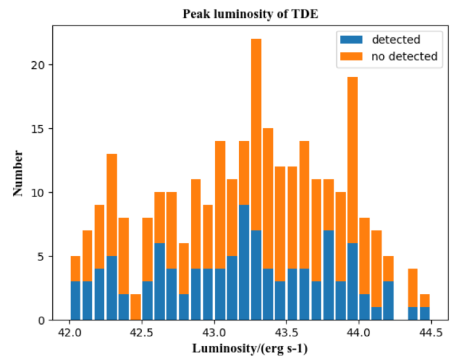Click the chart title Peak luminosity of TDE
[250, 14]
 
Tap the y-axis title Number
[18, 172]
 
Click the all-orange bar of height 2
[135, 307]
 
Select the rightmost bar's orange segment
[425, 301]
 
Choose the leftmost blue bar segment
[75, 301]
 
